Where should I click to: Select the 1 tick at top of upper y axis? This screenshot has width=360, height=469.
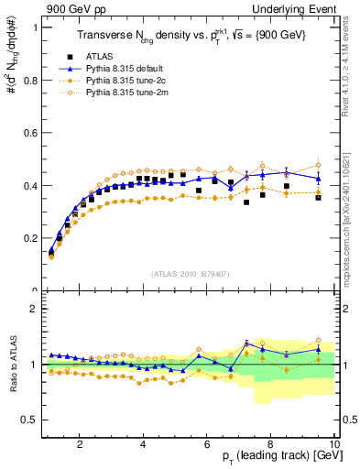(x=33, y=27)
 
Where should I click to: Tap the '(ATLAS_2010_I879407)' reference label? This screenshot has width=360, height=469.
(x=190, y=274)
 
